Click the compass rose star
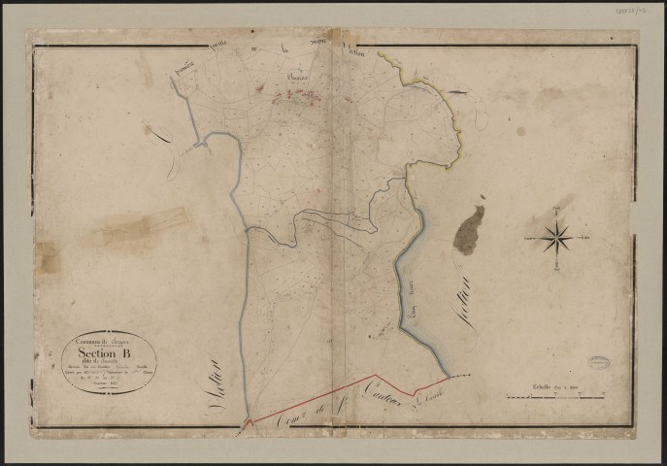556,235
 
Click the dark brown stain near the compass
469,230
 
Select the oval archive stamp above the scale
599,362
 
